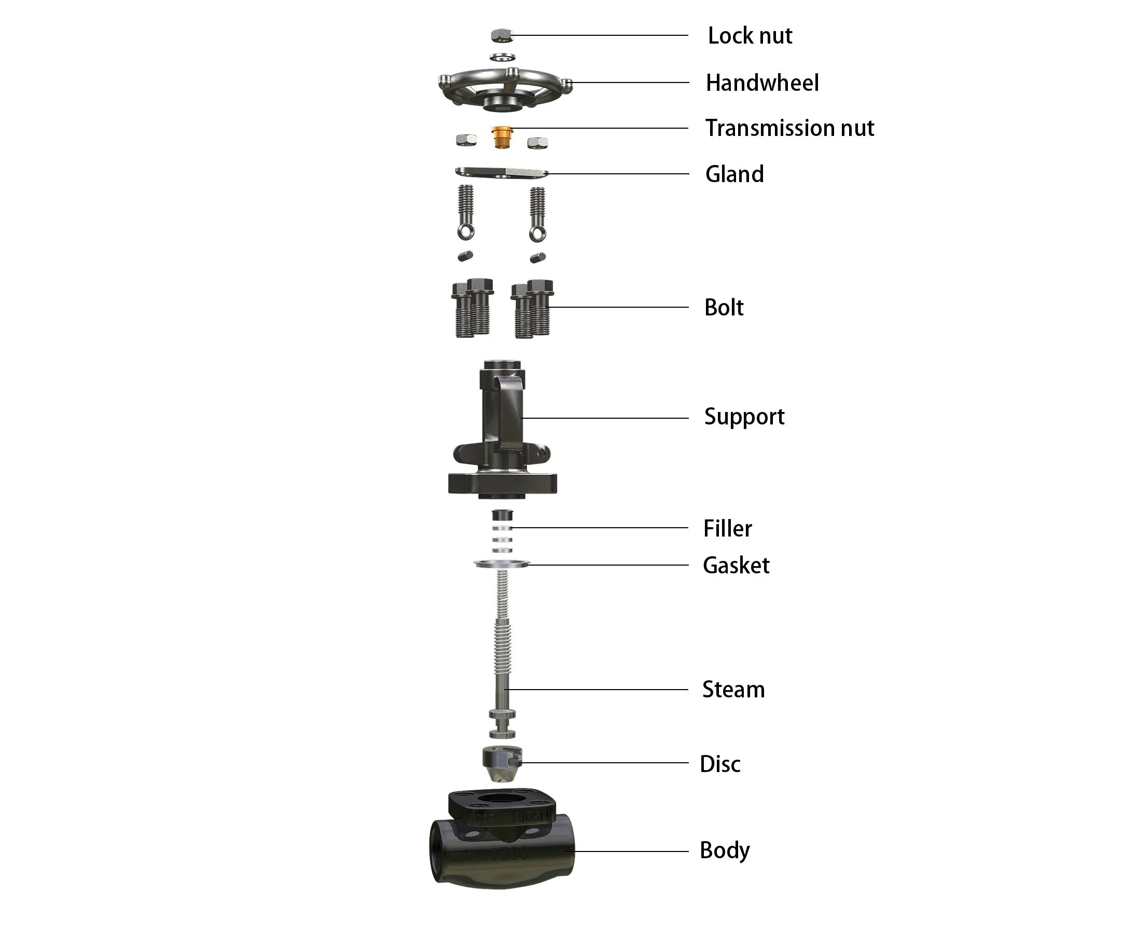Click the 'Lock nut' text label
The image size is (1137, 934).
[749, 36]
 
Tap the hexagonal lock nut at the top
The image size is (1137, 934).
[502, 35]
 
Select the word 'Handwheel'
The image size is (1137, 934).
[761, 83]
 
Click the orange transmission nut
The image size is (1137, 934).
[502, 137]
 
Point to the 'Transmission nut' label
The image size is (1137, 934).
[789, 128]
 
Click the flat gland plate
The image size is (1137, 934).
[501, 172]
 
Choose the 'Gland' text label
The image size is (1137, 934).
[734, 174]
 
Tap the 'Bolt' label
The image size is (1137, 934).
[724, 308]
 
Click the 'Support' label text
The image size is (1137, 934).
[744, 417]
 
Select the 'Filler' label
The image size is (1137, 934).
[727, 528]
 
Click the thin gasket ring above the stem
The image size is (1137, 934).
[502, 564]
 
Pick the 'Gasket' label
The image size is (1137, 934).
[736, 566]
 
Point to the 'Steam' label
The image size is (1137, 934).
[733, 690]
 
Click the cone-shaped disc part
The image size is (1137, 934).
[501, 764]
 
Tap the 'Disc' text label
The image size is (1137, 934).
[719, 764]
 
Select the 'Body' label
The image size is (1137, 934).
[725, 850]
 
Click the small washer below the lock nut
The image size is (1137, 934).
[502, 57]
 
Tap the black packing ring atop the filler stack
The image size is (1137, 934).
[502, 515]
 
